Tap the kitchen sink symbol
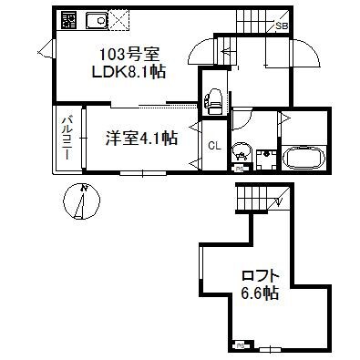coord(94,19)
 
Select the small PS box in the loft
coord(241,346)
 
